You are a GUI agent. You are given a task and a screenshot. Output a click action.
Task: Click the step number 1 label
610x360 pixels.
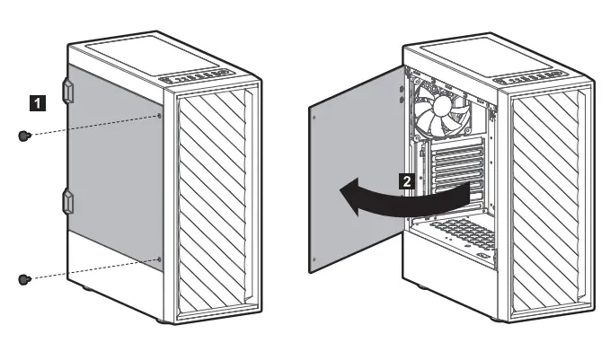(x=36, y=104)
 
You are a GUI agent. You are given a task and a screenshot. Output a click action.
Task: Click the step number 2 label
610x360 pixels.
(x=407, y=180)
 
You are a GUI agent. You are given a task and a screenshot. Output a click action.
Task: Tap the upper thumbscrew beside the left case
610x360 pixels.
(x=24, y=135)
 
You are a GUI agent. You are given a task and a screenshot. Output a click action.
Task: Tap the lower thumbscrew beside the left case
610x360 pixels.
(x=24, y=279)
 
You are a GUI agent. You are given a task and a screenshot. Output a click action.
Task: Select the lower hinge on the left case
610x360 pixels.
(x=66, y=201)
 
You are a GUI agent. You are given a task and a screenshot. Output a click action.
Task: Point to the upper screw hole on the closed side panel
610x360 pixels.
(x=160, y=115)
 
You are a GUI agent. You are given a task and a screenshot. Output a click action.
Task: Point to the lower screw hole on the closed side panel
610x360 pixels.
(x=160, y=259)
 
